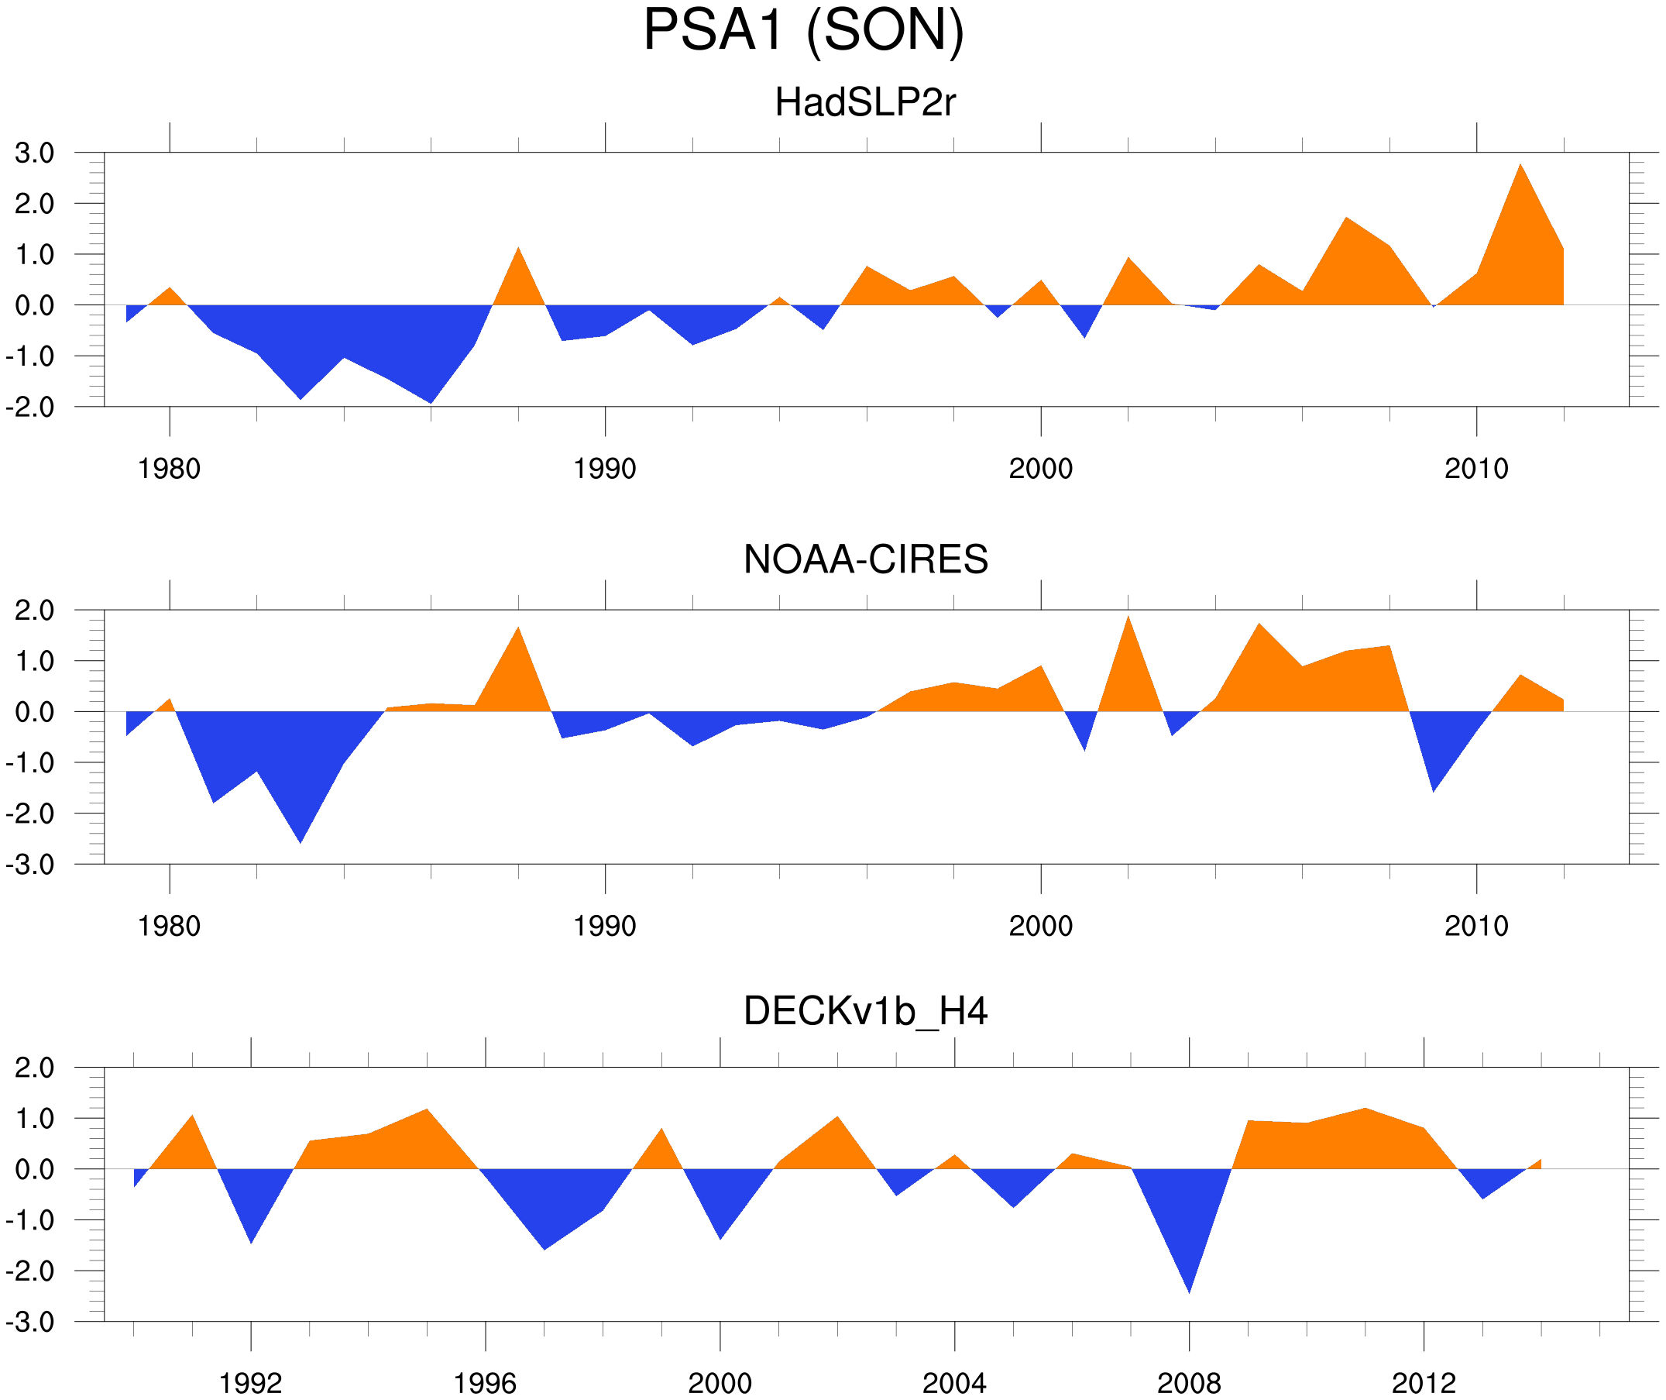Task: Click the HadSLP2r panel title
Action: (864, 103)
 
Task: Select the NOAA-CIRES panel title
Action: (865, 560)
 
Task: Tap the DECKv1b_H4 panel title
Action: (865, 1012)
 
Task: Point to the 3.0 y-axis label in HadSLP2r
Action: (34, 153)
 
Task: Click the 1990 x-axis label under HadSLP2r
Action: (605, 469)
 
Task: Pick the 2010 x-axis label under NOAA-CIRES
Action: (1475, 926)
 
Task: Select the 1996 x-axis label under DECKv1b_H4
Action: (485, 1383)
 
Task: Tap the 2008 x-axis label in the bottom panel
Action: (1188, 1383)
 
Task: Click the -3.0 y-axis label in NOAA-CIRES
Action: (30, 865)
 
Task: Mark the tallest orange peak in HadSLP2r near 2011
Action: (1520, 167)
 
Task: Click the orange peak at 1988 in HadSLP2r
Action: (518, 251)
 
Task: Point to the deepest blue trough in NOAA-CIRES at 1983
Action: (300, 840)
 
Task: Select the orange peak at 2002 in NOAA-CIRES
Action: (1128, 620)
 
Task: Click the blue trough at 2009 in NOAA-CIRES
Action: (1433, 789)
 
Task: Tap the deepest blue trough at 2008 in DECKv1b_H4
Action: (1188, 1290)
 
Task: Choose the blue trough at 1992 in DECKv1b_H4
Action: (252, 1240)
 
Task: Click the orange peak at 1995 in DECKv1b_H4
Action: (427, 1111)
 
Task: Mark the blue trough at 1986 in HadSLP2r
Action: (431, 401)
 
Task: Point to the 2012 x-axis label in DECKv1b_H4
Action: (1424, 1383)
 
